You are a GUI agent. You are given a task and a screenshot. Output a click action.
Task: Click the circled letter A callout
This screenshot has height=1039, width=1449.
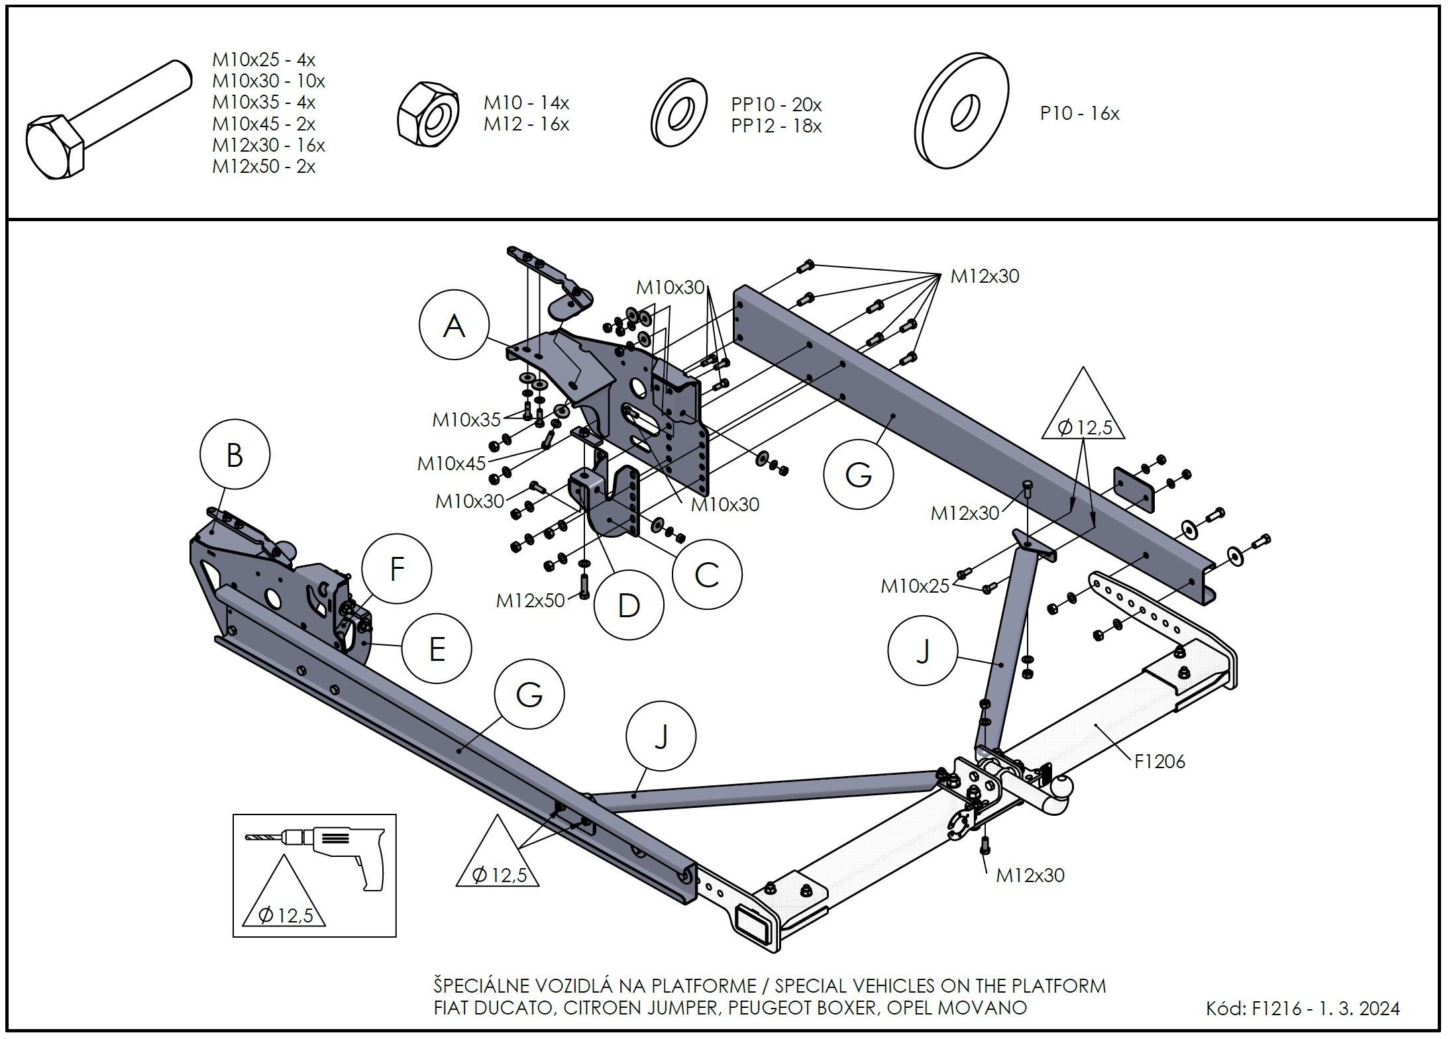[454, 325]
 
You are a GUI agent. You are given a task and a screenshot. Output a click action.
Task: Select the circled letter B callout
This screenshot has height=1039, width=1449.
[235, 455]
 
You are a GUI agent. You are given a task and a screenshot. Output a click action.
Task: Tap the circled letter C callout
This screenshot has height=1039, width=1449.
[707, 574]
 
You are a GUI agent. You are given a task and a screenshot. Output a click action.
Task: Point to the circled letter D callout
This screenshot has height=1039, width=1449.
[628, 605]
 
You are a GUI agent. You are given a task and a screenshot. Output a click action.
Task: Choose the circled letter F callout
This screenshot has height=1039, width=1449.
[397, 568]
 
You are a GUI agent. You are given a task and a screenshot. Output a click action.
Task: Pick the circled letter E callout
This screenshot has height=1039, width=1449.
[437, 648]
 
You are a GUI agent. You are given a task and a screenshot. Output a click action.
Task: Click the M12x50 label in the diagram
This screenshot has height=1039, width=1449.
[530, 601]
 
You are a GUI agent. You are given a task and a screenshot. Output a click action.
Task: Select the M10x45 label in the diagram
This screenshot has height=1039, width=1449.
[451, 464]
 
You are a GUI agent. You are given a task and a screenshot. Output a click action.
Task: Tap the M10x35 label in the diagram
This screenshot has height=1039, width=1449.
[466, 420]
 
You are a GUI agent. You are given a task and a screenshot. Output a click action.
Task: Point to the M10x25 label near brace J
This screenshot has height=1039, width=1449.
[914, 586]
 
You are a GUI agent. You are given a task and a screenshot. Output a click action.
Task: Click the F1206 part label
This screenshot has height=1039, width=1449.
[1159, 762]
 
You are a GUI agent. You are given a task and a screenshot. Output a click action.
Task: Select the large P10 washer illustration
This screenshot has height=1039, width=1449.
[961, 111]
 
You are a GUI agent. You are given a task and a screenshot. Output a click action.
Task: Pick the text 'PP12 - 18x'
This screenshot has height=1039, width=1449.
[776, 126]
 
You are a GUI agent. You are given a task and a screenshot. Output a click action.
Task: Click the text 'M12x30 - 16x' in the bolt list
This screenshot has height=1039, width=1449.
[268, 145]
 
